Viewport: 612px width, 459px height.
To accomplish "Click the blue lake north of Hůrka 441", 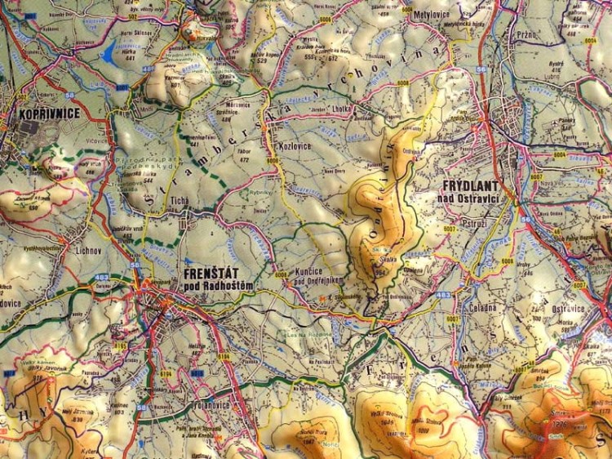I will pos(109,54).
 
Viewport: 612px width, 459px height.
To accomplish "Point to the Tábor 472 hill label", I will pos(244,153).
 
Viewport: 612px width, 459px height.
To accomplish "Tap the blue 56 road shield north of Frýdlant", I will pos(481,69).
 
